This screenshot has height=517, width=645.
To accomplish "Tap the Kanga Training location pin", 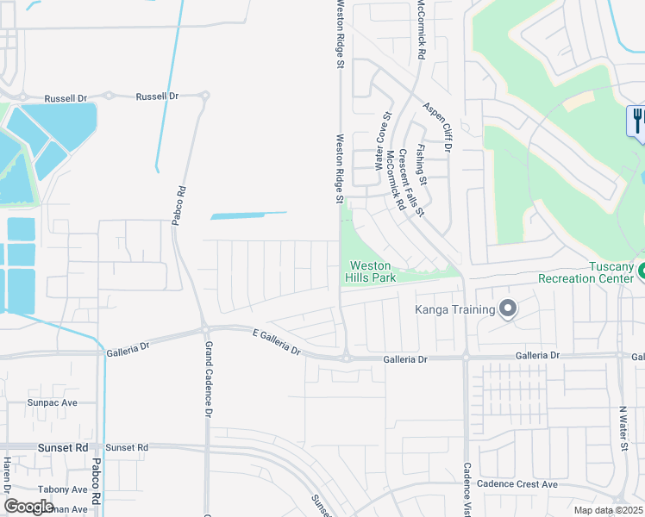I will pos(508,308).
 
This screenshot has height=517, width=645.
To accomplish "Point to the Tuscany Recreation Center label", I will pos(586,271).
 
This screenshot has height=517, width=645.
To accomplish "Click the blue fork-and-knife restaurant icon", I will pos(638,119).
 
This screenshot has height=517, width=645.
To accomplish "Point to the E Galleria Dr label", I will pos(276,341).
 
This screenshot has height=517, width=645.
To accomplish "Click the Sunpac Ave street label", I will pos(53,402).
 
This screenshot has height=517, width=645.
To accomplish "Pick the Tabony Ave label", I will pos(63,489).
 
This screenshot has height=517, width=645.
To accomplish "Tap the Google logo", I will pos(29,506).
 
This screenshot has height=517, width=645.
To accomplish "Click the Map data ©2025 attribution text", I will pos(609,510).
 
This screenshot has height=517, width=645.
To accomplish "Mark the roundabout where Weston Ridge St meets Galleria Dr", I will pos(344,357).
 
